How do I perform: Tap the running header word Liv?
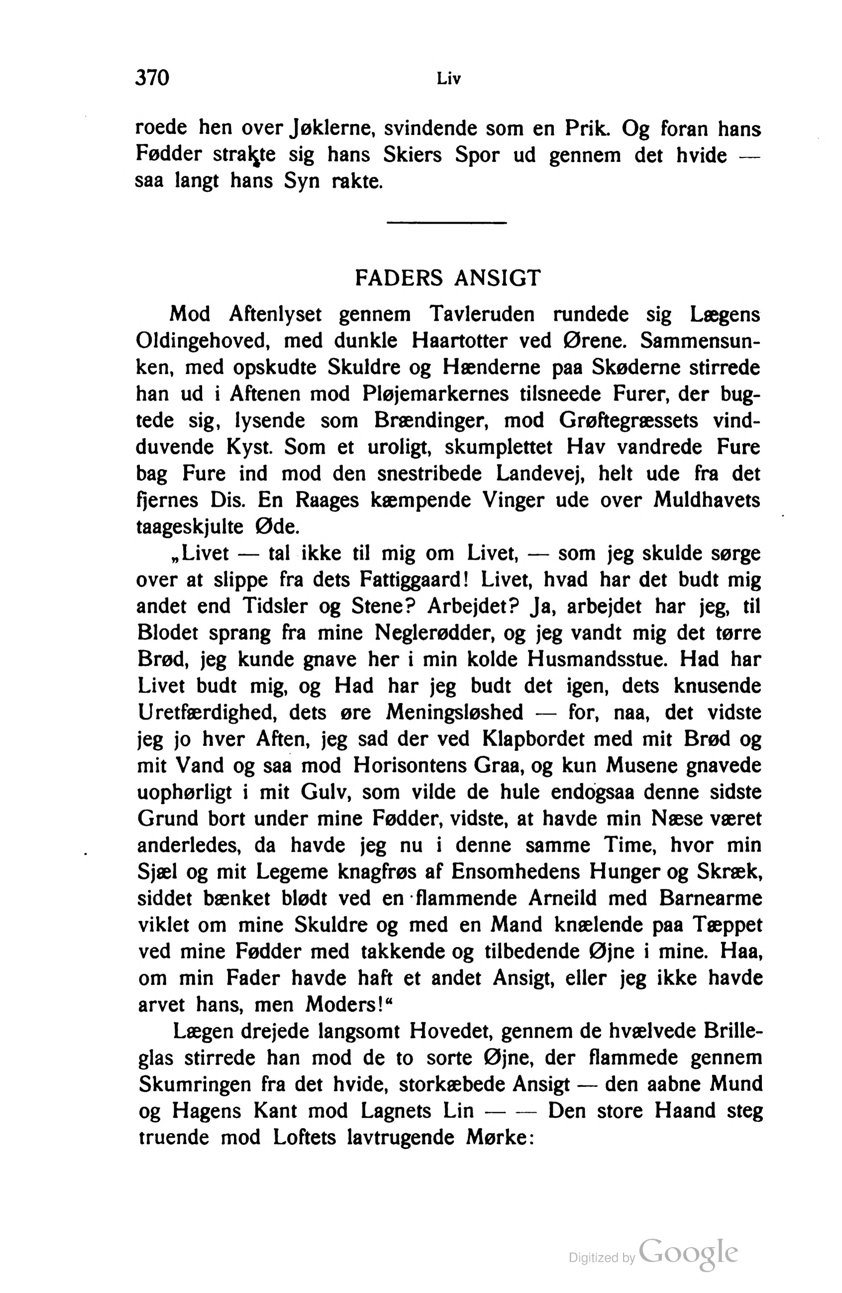coord(448,79)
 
